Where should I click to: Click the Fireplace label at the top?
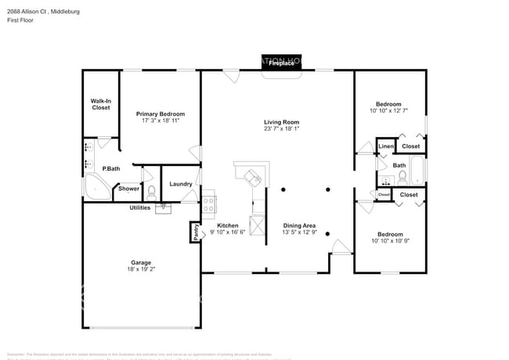(x=282, y=63)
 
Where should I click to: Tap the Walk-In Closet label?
(x=101, y=104)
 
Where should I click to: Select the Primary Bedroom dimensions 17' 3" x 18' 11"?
(x=163, y=121)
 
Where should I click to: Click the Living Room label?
(x=281, y=122)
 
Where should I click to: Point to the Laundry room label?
(x=181, y=184)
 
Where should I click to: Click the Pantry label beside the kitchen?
(x=196, y=232)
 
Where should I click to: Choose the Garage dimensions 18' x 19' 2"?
(x=141, y=268)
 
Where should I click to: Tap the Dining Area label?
(x=299, y=226)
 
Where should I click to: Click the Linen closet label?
(x=385, y=146)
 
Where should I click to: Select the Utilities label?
(x=141, y=207)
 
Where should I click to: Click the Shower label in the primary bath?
(x=128, y=189)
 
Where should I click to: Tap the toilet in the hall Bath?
(x=403, y=177)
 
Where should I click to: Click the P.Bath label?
(x=110, y=169)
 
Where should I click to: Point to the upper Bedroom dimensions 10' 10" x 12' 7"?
(x=388, y=111)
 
